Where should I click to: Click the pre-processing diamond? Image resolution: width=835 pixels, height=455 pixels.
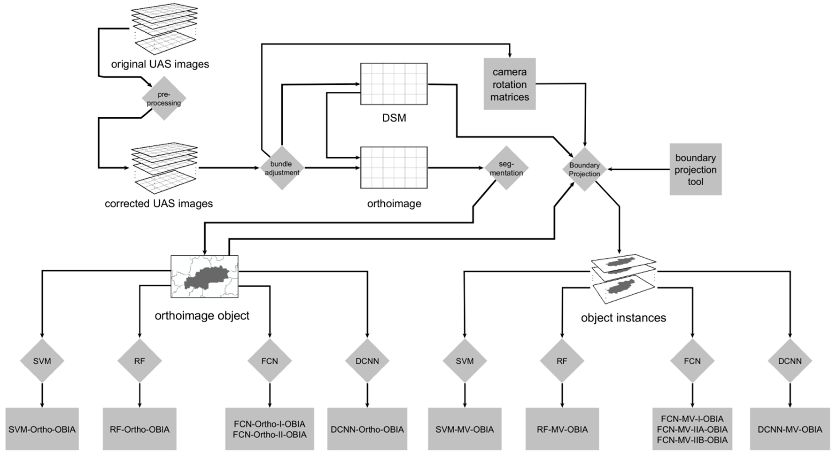coord(164,99)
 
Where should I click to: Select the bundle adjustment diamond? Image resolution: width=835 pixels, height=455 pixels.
coord(282,168)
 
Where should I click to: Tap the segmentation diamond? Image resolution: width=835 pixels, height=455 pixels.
coord(506,168)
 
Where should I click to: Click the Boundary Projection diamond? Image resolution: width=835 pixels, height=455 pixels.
coord(584,169)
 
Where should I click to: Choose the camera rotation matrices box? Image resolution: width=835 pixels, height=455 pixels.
coord(509,84)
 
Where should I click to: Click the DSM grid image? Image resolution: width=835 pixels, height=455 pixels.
coord(394,84)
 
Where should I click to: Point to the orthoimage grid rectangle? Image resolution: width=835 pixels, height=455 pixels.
coord(394,167)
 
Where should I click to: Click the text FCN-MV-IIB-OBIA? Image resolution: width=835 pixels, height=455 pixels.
coord(692,440)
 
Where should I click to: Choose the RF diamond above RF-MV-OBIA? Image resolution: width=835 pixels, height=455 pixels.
coord(562,360)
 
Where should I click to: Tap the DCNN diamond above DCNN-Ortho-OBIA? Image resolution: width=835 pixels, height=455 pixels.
coord(367,360)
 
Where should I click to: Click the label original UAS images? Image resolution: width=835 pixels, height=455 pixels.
coord(160,64)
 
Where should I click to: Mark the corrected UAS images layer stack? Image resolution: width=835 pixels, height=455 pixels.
coord(165,168)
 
